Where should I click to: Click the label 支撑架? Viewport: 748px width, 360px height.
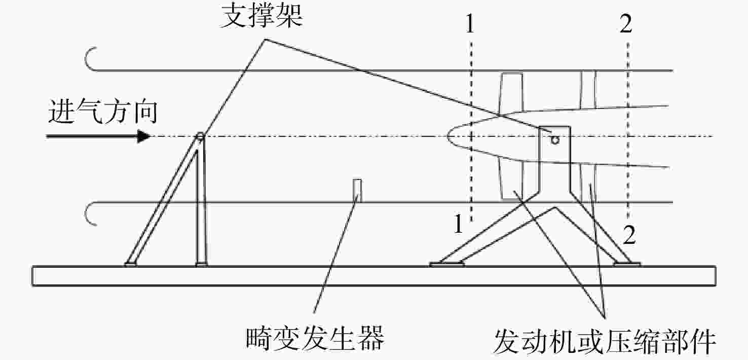click(x=261, y=16)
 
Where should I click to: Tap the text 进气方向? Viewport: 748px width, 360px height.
click(x=103, y=111)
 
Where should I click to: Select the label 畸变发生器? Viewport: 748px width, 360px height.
click(x=315, y=338)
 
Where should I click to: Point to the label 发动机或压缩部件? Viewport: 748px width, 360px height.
click(x=605, y=341)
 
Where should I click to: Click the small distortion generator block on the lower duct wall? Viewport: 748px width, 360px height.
click(x=357, y=191)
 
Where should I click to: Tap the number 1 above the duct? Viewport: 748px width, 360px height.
click(x=470, y=24)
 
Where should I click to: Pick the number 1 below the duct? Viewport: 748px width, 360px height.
click(x=459, y=224)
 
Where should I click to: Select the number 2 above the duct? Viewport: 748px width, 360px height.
click(x=626, y=24)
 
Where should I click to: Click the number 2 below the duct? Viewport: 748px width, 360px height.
click(x=629, y=235)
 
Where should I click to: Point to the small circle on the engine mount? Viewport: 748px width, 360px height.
click(x=555, y=139)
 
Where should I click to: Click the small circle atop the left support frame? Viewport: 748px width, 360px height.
click(x=200, y=136)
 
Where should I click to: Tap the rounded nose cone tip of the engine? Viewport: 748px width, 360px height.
click(x=448, y=136)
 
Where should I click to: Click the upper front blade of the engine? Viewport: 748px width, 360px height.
click(x=511, y=92)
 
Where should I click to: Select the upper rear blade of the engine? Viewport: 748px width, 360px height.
click(x=588, y=90)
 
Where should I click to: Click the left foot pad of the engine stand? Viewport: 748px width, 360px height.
click(x=447, y=265)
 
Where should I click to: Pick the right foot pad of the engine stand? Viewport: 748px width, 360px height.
click(x=627, y=265)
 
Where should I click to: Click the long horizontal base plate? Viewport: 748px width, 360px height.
click(x=374, y=276)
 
